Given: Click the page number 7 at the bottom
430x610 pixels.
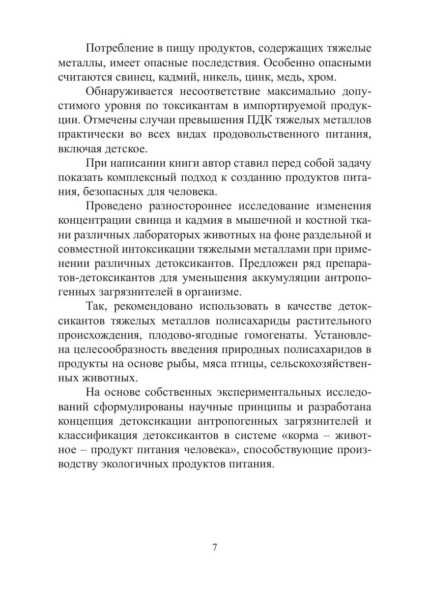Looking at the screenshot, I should coord(215,548).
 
